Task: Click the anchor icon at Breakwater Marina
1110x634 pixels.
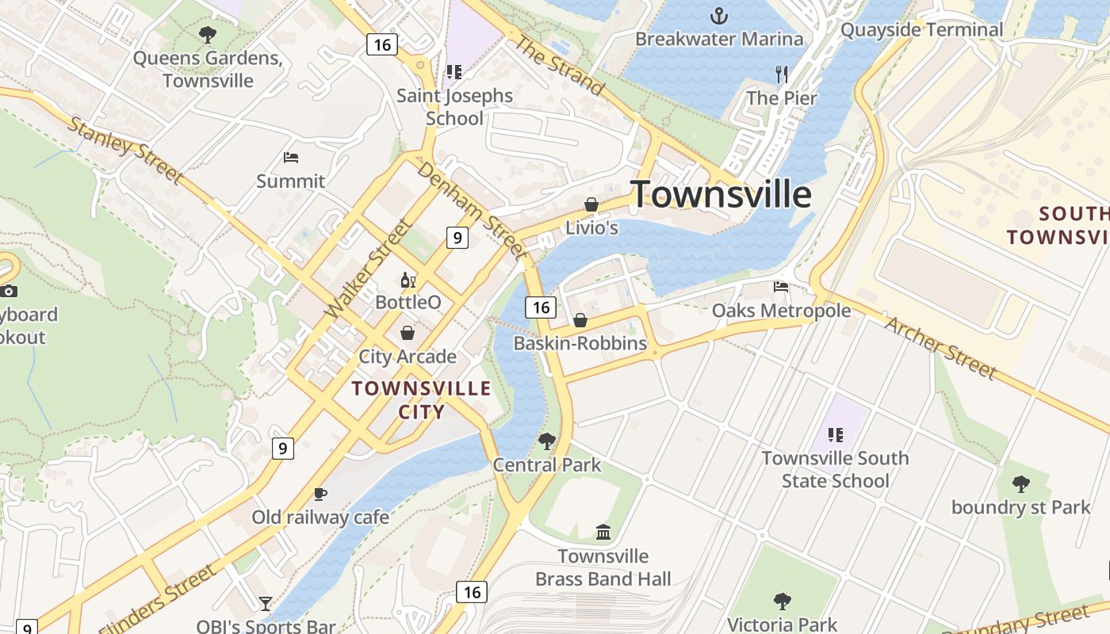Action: (x=718, y=15)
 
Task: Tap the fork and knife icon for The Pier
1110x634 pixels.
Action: (x=782, y=74)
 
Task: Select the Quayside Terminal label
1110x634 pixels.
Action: (x=921, y=30)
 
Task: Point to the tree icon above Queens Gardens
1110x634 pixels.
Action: (x=208, y=35)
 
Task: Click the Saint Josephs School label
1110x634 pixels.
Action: (x=454, y=107)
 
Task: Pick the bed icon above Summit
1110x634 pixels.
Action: (x=291, y=158)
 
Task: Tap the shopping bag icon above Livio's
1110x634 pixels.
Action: (x=591, y=204)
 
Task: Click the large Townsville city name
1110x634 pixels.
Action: (x=721, y=194)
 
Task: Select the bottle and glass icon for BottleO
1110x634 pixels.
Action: (x=408, y=280)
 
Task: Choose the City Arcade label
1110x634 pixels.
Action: (x=408, y=357)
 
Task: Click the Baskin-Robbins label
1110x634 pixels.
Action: (x=580, y=344)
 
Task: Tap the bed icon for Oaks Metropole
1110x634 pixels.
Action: (x=781, y=287)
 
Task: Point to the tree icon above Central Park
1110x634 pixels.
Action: (x=546, y=441)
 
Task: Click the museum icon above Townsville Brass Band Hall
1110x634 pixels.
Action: (x=603, y=532)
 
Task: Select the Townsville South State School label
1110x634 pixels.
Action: (x=835, y=469)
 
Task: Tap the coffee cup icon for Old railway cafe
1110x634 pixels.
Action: (x=320, y=494)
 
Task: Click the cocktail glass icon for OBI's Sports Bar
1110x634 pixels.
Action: (x=265, y=604)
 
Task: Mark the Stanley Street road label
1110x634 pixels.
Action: (x=125, y=149)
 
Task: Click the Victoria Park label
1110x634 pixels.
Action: (x=782, y=624)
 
